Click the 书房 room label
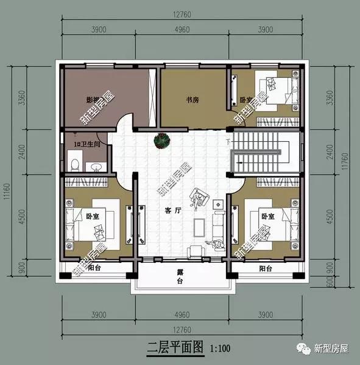pos(192,100)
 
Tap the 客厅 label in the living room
pos(174,211)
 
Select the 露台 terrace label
pos(180,278)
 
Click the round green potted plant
pos(161,141)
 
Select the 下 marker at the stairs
pos(228,142)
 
